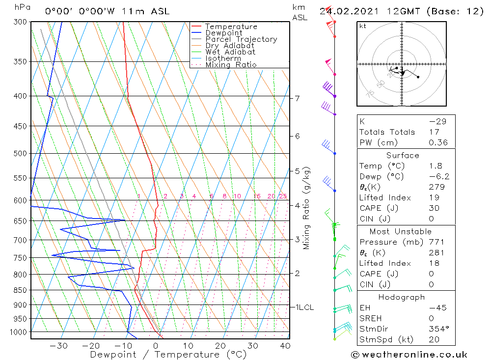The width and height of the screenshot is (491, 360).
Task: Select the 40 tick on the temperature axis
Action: (284, 346)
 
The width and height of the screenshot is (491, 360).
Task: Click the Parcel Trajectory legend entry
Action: (241, 39)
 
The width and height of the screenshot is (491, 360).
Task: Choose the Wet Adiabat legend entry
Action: (230, 52)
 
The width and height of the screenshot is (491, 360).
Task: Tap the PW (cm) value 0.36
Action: (438, 142)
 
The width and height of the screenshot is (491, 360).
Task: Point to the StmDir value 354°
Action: (438, 329)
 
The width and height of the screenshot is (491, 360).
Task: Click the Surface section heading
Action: (403, 156)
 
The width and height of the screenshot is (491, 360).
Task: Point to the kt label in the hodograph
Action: (363, 26)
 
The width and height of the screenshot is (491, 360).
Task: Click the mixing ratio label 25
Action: (283, 196)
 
